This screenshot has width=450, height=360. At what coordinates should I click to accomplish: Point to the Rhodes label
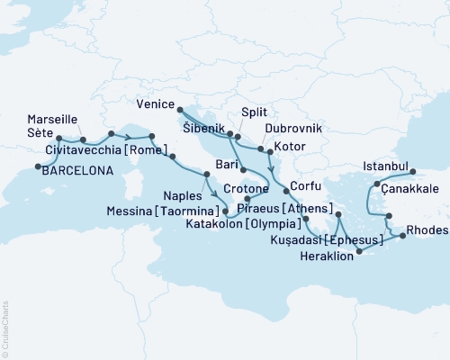pyautogui.click(x=426, y=229)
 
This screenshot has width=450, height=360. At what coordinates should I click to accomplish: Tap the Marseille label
pyautogui.click(x=52, y=119)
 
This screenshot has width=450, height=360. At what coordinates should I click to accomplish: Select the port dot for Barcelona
pyautogui.click(x=37, y=166)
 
